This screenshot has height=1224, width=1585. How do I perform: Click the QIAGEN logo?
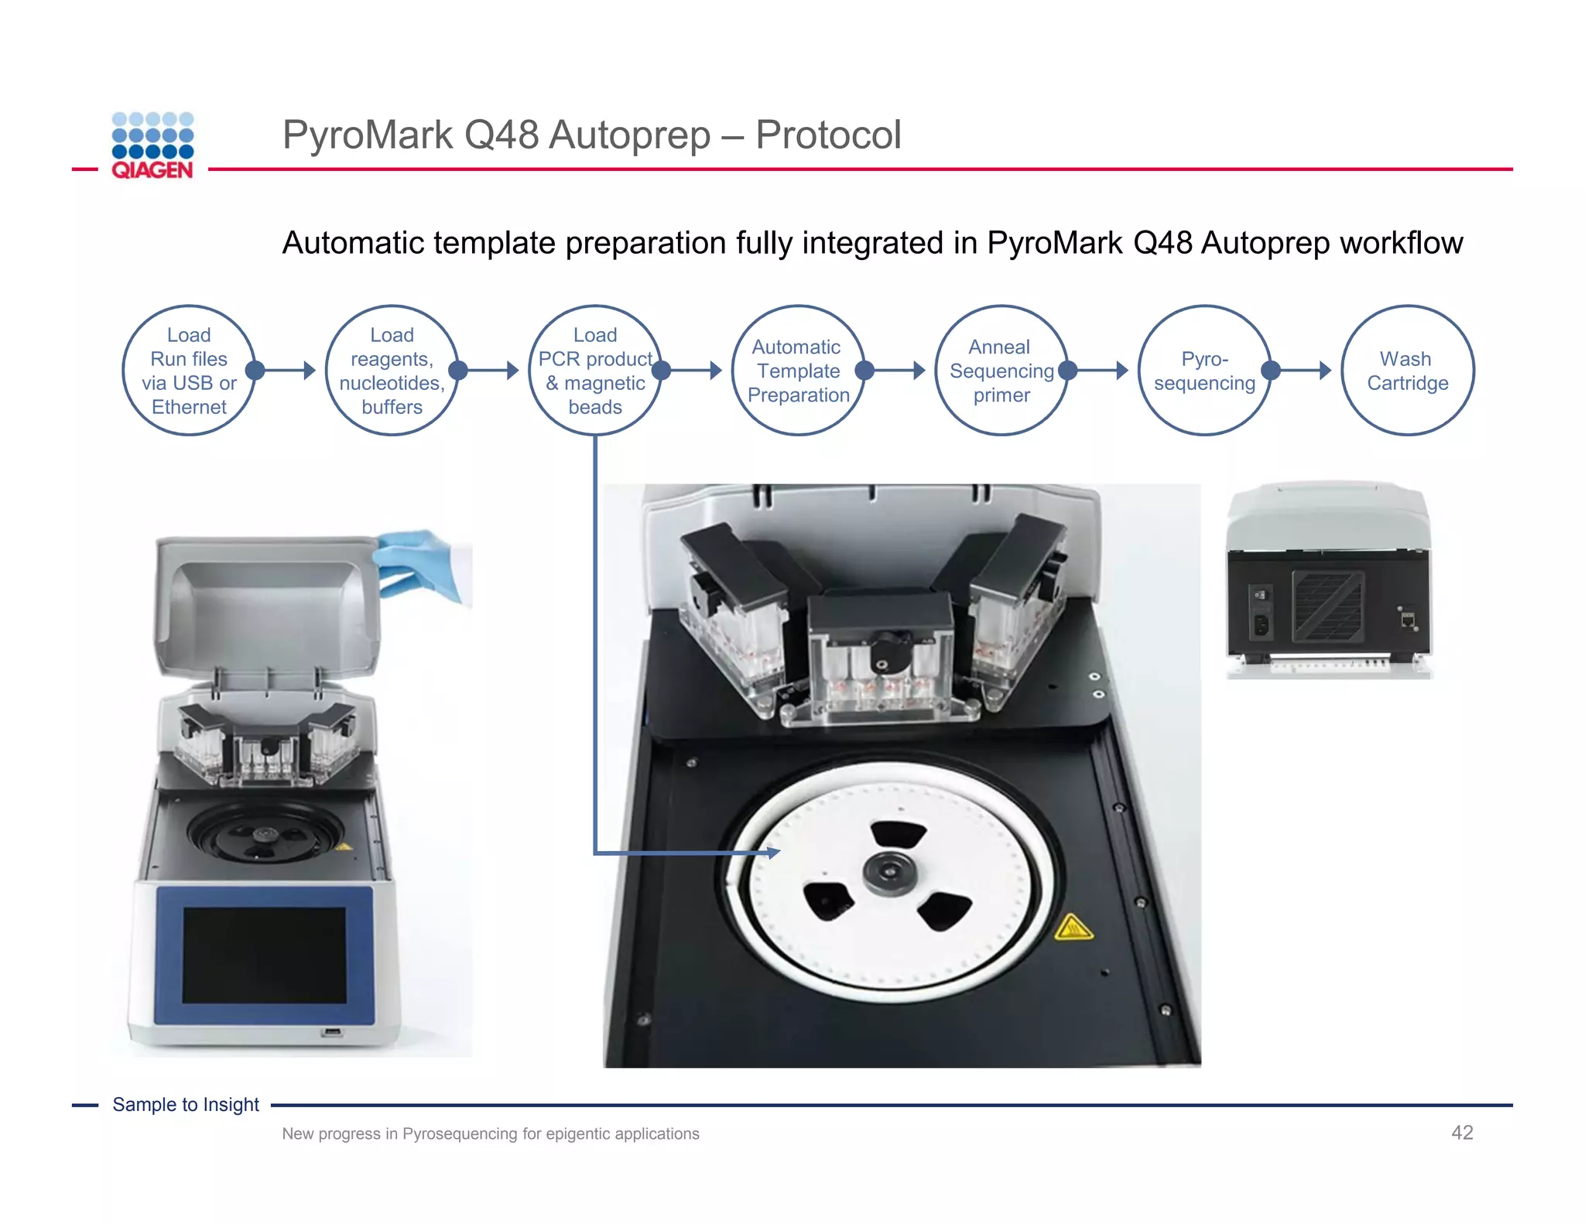(152, 146)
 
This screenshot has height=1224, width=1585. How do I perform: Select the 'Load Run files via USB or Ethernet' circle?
(189, 371)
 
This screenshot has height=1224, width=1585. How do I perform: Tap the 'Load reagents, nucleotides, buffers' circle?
(392, 371)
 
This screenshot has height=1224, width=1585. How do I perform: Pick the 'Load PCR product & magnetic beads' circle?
(594, 371)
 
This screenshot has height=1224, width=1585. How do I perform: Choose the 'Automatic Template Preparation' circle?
(798, 371)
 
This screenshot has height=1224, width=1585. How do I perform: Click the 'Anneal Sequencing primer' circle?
(1001, 371)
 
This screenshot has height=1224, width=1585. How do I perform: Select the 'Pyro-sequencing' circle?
(1204, 371)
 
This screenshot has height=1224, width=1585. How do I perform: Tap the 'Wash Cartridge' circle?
(1407, 371)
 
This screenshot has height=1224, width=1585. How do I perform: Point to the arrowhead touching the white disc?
(772, 853)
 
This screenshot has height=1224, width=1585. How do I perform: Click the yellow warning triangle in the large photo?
(1073, 927)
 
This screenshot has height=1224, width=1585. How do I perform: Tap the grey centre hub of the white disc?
(890, 874)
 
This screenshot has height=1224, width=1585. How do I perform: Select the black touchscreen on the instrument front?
(264, 955)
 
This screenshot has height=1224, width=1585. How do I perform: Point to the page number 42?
(1461, 1133)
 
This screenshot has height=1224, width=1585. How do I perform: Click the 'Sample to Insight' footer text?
(186, 1105)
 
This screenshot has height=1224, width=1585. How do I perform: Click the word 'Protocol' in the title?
(827, 135)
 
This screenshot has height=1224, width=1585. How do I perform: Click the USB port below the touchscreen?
(332, 1032)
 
